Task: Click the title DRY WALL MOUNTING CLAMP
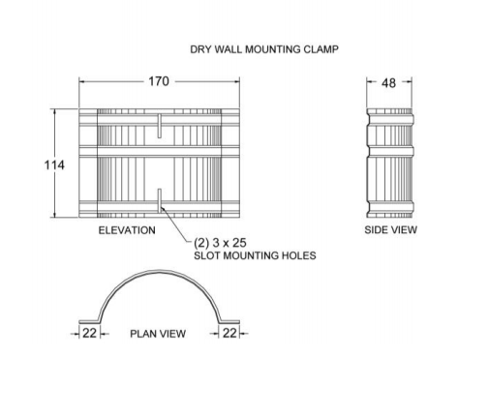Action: (x=264, y=49)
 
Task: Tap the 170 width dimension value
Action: (x=159, y=81)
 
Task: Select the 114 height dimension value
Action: (x=54, y=165)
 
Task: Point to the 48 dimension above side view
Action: (x=388, y=83)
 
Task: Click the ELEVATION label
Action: (x=127, y=230)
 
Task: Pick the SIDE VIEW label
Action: (x=390, y=229)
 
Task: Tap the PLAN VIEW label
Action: (x=158, y=334)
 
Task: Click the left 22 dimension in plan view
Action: (x=90, y=333)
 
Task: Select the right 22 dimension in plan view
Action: (x=229, y=333)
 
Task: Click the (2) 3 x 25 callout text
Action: (x=220, y=243)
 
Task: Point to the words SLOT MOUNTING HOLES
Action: (x=255, y=255)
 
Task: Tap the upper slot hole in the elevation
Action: (x=160, y=126)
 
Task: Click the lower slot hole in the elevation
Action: (x=160, y=201)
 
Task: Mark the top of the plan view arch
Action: (x=159, y=271)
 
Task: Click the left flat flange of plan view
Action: (x=89, y=322)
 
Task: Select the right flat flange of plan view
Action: (x=229, y=322)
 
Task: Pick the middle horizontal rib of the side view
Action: (x=390, y=152)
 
